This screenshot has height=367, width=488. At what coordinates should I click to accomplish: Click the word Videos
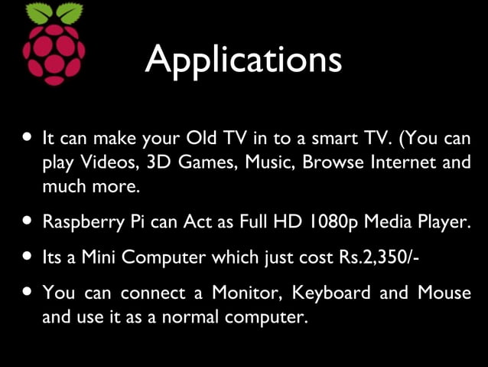tap(106, 162)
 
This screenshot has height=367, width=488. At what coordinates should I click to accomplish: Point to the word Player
tap(441, 223)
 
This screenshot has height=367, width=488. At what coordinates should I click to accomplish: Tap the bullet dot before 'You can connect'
tap(28, 291)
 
